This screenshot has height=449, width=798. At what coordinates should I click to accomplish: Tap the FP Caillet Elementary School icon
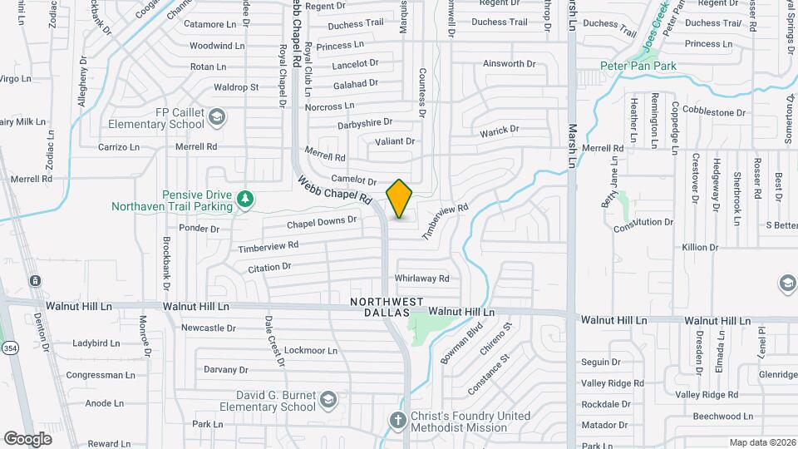217,116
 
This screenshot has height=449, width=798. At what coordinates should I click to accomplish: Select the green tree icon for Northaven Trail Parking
245,198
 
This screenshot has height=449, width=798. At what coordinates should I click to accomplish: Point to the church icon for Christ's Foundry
397,420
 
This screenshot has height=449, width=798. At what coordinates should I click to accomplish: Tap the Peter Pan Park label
638,66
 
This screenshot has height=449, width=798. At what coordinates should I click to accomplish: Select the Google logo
27,438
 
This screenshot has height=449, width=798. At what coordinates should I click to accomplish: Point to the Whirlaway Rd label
422,279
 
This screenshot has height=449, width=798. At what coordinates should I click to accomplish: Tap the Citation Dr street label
269,267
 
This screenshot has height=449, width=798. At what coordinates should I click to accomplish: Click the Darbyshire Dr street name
365,122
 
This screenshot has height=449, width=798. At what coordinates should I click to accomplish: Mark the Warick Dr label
499,131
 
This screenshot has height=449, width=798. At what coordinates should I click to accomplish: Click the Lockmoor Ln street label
309,350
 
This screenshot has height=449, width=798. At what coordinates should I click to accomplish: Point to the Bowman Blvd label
461,343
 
